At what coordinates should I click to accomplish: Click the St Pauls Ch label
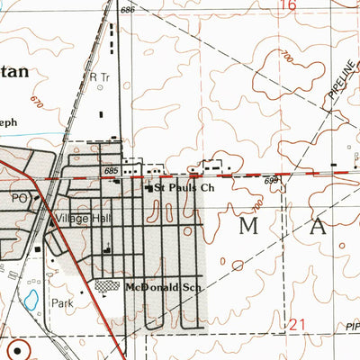185,188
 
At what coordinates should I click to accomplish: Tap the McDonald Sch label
161,286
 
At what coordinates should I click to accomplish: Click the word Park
61,303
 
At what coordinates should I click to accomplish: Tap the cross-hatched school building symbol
107,285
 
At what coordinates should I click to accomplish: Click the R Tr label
99,77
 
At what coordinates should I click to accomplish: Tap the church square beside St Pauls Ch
149,188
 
